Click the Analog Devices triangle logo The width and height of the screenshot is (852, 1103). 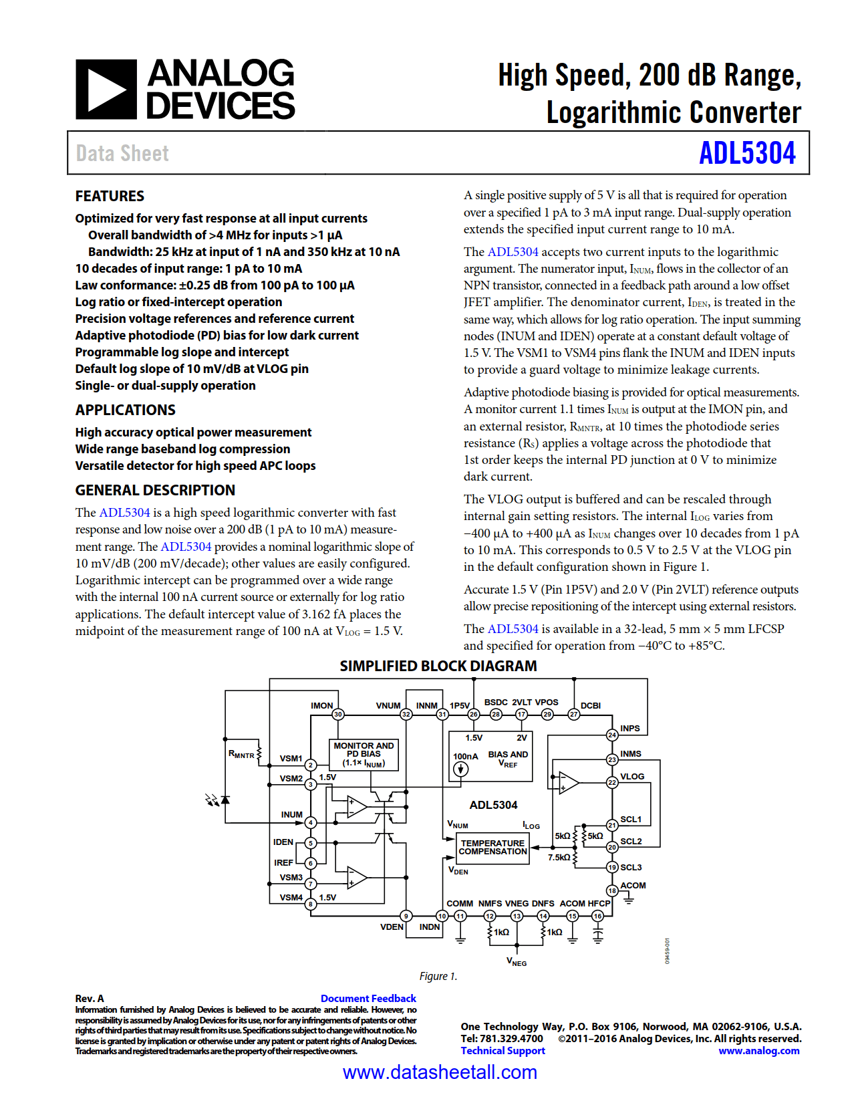click(106, 90)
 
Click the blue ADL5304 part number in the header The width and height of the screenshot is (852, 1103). click(746, 153)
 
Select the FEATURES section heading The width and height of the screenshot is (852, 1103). click(110, 196)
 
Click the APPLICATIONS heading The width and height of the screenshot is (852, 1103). click(125, 410)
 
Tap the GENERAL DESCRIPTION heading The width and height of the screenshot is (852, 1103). click(155, 490)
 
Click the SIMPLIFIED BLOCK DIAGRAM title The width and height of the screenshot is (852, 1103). click(438, 666)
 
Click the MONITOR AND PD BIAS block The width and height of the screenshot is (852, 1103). click(364, 754)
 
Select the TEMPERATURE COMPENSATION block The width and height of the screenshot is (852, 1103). click(492, 847)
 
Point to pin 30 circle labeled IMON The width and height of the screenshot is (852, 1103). click(338, 714)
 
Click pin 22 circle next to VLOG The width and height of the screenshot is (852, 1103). click(611, 782)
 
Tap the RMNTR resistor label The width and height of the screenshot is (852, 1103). click(241, 754)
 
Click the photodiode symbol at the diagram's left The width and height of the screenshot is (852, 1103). click(225, 800)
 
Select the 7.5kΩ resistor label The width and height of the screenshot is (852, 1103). click(559, 857)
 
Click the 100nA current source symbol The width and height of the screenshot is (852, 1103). click(460, 769)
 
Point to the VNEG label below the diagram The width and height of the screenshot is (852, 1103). click(517, 962)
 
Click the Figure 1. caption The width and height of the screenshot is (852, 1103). click(438, 976)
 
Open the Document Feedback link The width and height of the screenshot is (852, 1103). click(368, 998)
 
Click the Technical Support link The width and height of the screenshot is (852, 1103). click(503, 1050)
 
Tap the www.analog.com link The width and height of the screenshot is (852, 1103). click(758, 1050)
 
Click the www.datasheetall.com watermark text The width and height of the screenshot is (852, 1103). click(440, 1072)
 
